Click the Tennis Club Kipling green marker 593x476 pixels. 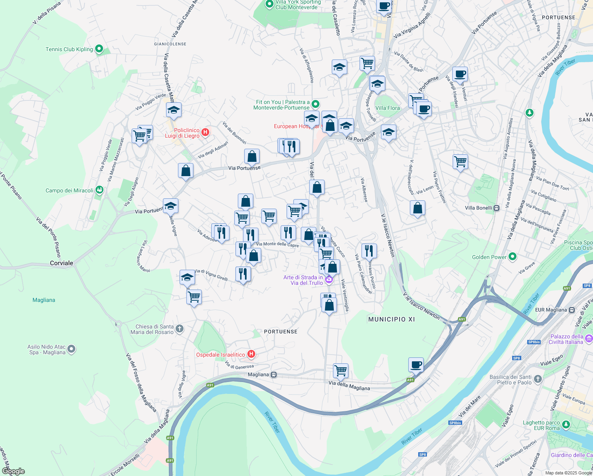pyautogui.click(x=99, y=49)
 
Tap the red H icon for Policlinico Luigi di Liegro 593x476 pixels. pyautogui.click(x=205, y=132)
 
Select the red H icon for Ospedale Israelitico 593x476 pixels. pyautogui.click(x=251, y=354)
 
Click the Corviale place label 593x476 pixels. pyautogui.click(x=61, y=263)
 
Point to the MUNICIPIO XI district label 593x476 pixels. pyautogui.click(x=391, y=319)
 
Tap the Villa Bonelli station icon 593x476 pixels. pyautogui.click(x=496, y=208)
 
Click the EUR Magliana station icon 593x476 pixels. pyautogui.click(x=572, y=310)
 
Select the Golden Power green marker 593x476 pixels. pyautogui.click(x=513, y=257)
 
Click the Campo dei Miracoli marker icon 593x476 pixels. pyautogui.click(x=99, y=190)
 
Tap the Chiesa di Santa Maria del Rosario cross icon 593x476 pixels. pyautogui.click(x=180, y=328)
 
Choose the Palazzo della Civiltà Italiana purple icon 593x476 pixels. pyautogui.click(x=589, y=339)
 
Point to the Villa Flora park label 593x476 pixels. pyautogui.click(x=387, y=108)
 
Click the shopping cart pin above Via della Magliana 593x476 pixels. pyautogui.click(x=340, y=371)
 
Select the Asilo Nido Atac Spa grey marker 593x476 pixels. pyautogui.click(x=71, y=349)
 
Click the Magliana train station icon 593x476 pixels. pyautogui.click(x=274, y=374)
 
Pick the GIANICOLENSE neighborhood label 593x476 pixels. pyautogui.click(x=170, y=44)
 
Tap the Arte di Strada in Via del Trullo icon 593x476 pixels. pyautogui.click(x=329, y=280)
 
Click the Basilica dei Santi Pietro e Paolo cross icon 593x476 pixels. pyautogui.click(x=538, y=379)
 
